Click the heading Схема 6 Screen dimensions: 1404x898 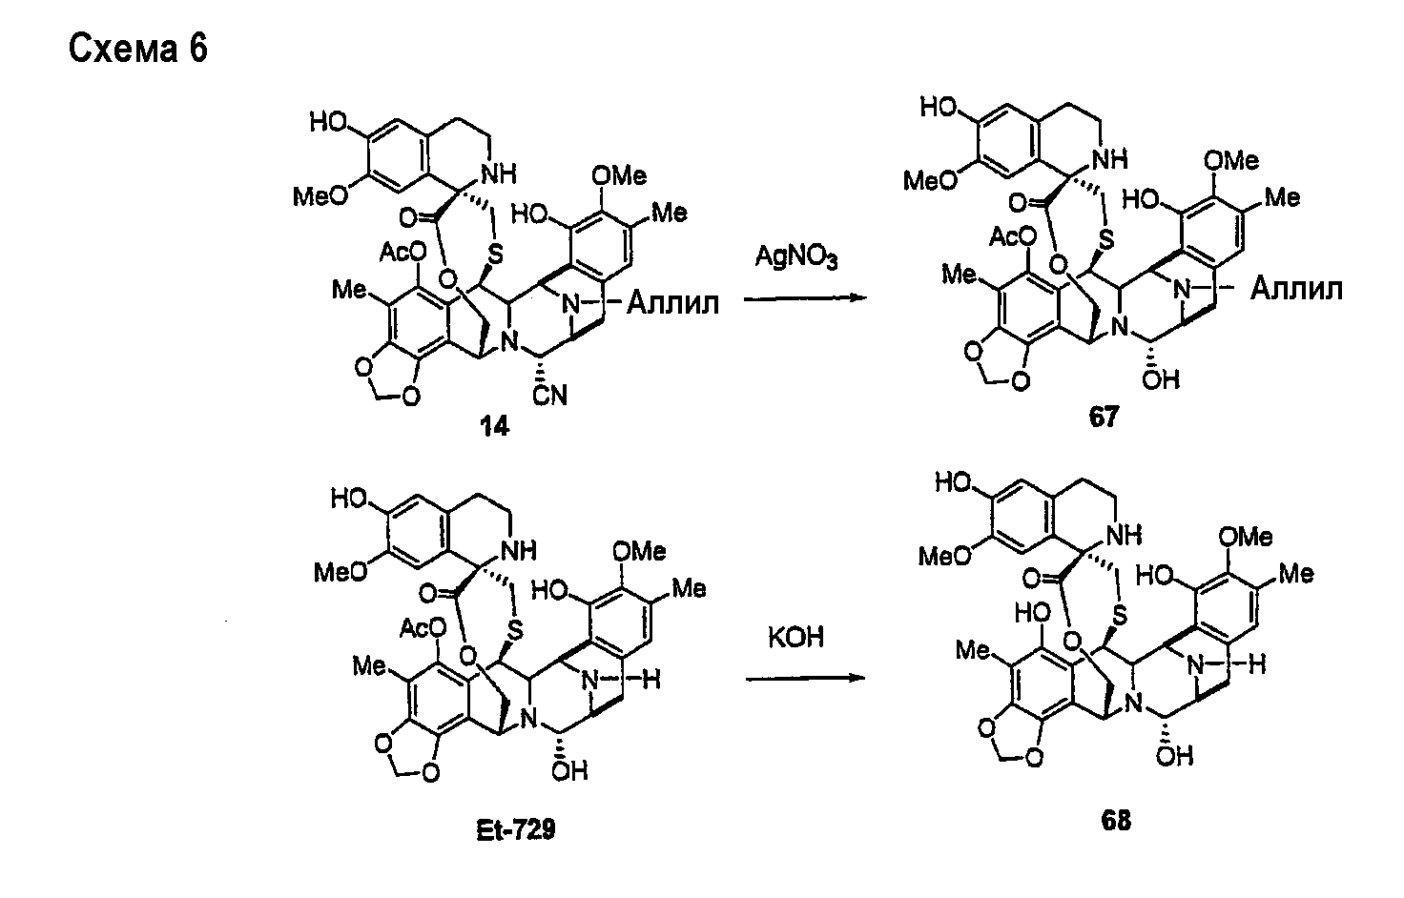tap(138, 49)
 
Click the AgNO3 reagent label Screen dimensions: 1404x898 tap(796, 256)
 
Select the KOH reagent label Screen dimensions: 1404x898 tap(796, 638)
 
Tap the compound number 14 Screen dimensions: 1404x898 tap(494, 427)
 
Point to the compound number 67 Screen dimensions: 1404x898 tap(1104, 417)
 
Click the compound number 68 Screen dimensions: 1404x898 tap(1116, 821)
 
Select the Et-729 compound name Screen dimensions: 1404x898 tap(516, 830)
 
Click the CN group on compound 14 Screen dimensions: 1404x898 tap(549, 395)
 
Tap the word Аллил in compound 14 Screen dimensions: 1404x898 tap(672, 303)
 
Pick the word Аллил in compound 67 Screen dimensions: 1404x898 tap(1296, 290)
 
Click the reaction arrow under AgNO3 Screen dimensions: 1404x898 tap(805, 299)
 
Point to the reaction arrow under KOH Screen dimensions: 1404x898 tap(805, 678)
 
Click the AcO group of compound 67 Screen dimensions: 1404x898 tap(1012, 237)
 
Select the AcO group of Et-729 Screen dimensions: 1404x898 tap(423, 627)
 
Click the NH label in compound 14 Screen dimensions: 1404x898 tap(499, 174)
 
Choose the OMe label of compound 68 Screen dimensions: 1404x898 tap(1246, 537)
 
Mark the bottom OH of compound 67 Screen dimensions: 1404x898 tap(1161, 379)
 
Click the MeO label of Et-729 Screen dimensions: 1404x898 tap(340, 572)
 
